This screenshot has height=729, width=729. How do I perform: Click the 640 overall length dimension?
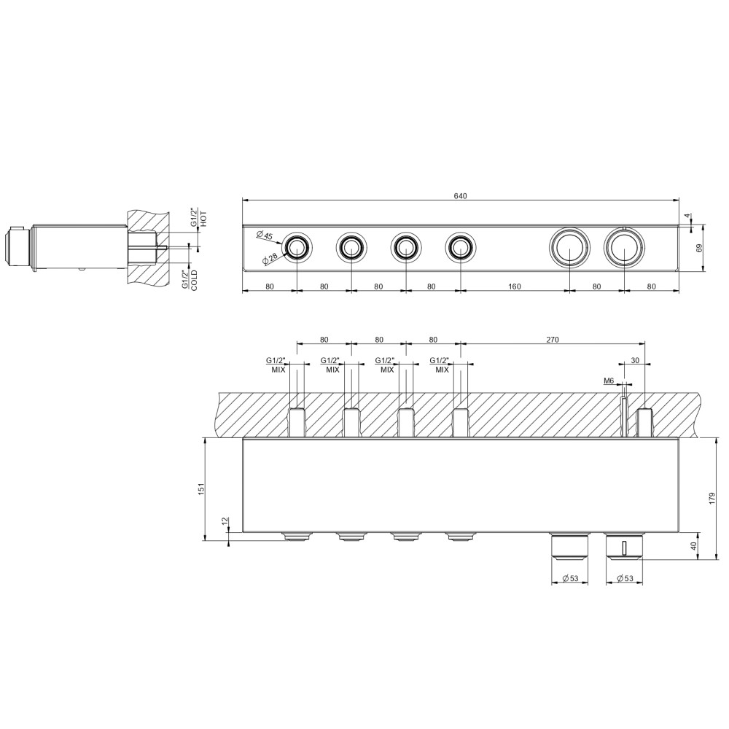pyautogui.click(x=460, y=195)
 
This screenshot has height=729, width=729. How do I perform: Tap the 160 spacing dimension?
pyautogui.click(x=515, y=286)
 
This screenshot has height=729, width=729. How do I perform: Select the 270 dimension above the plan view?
pyautogui.click(x=553, y=340)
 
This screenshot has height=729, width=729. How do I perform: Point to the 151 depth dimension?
pyautogui.click(x=201, y=489)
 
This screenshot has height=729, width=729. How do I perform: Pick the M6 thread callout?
pyautogui.click(x=609, y=381)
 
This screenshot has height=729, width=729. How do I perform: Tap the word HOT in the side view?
pyautogui.click(x=204, y=219)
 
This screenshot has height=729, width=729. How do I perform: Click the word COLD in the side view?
pyautogui.click(x=194, y=280)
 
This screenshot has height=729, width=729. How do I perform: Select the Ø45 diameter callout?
pyautogui.click(x=265, y=235)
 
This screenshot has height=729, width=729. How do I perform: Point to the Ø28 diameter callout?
pyautogui.click(x=271, y=259)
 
